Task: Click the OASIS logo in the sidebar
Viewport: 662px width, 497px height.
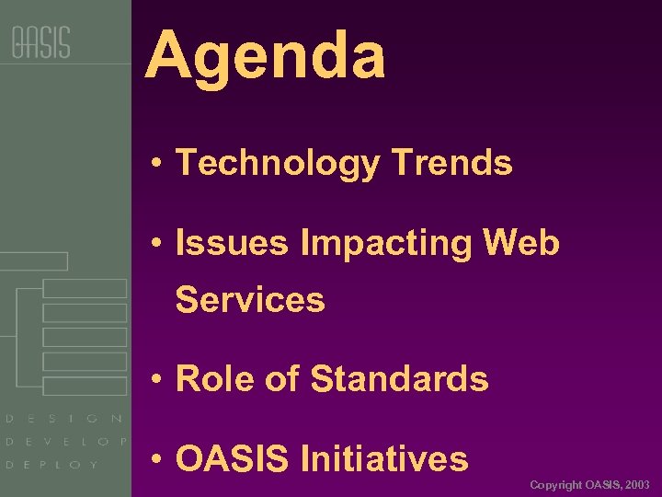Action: pyautogui.click(x=40, y=43)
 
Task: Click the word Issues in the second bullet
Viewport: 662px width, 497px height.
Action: pyautogui.click(x=232, y=244)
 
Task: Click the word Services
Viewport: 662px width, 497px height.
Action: pyautogui.click(x=250, y=300)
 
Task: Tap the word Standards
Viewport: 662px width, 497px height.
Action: pyautogui.click(x=400, y=378)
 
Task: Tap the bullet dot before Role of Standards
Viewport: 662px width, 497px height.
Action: pyautogui.click(x=159, y=380)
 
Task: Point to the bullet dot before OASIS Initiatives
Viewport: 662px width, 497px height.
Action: pyautogui.click(x=159, y=459)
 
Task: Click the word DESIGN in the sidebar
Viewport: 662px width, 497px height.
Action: pyautogui.click(x=64, y=419)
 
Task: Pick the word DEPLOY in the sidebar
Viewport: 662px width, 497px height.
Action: pyautogui.click(x=52, y=465)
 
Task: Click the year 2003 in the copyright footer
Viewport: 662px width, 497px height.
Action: pyautogui.click(x=636, y=484)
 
